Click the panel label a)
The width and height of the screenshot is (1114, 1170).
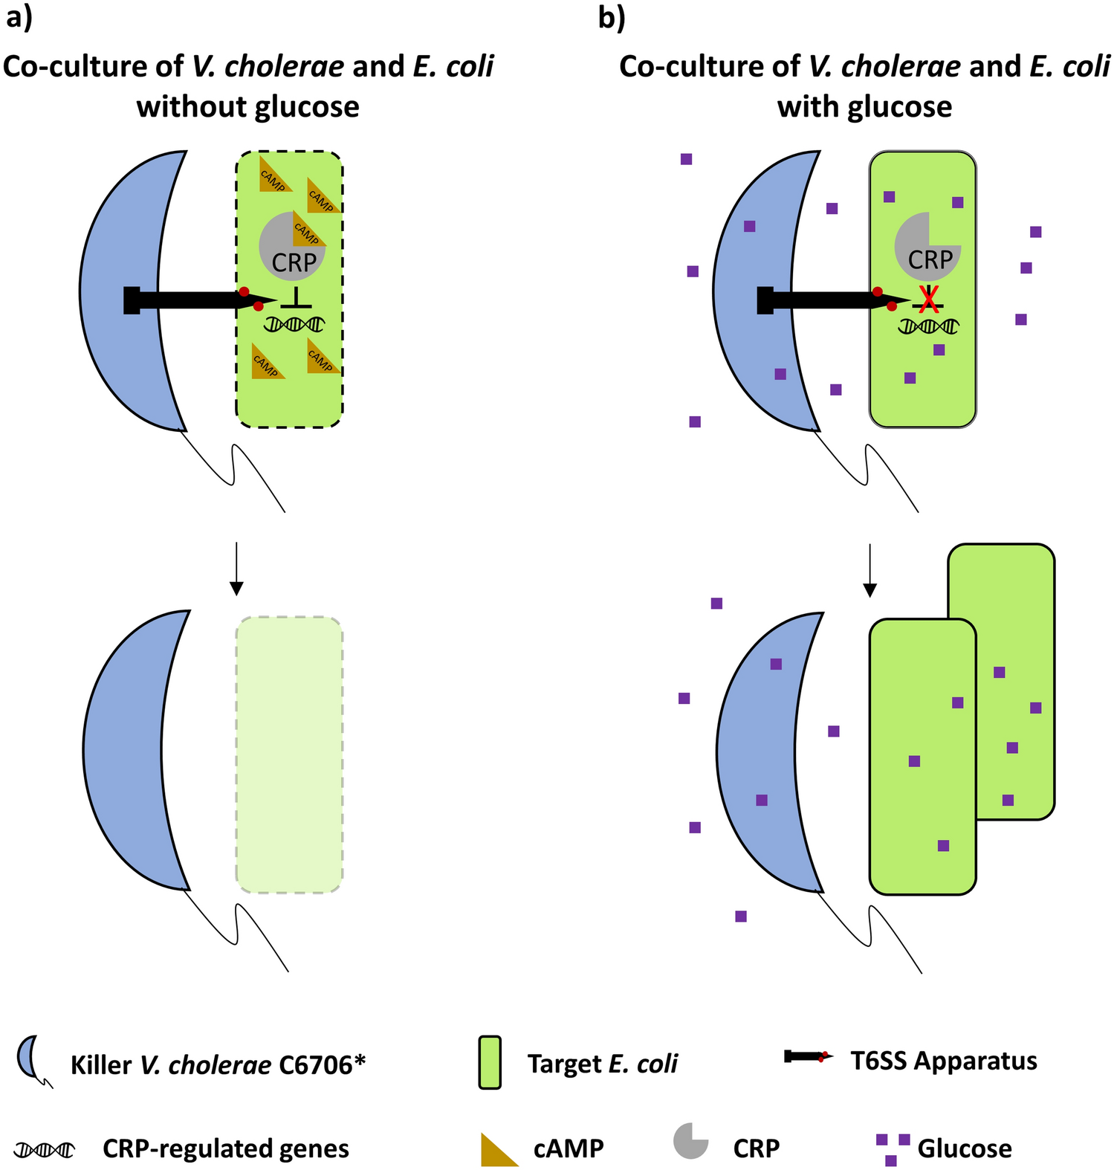[19, 18]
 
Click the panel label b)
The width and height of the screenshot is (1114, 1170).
[611, 18]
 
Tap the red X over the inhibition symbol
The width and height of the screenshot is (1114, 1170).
[928, 299]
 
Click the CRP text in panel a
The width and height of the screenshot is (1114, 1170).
[294, 262]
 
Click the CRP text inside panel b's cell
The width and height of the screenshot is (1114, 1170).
[930, 260]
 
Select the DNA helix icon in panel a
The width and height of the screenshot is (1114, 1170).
[295, 324]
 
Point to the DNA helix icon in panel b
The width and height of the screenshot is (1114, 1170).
[929, 326]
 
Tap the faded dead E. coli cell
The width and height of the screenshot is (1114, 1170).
[289, 754]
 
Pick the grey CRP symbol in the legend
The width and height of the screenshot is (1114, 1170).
[690, 1141]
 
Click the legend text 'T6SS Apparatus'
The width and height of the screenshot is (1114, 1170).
[943, 1060]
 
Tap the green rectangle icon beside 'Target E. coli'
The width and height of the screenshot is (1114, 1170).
[490, 1062]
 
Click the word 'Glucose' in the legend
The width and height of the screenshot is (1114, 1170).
[964, 1148]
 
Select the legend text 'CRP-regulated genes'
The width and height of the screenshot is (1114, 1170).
[225, 1148]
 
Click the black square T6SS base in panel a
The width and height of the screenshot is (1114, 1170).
[132, 300]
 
